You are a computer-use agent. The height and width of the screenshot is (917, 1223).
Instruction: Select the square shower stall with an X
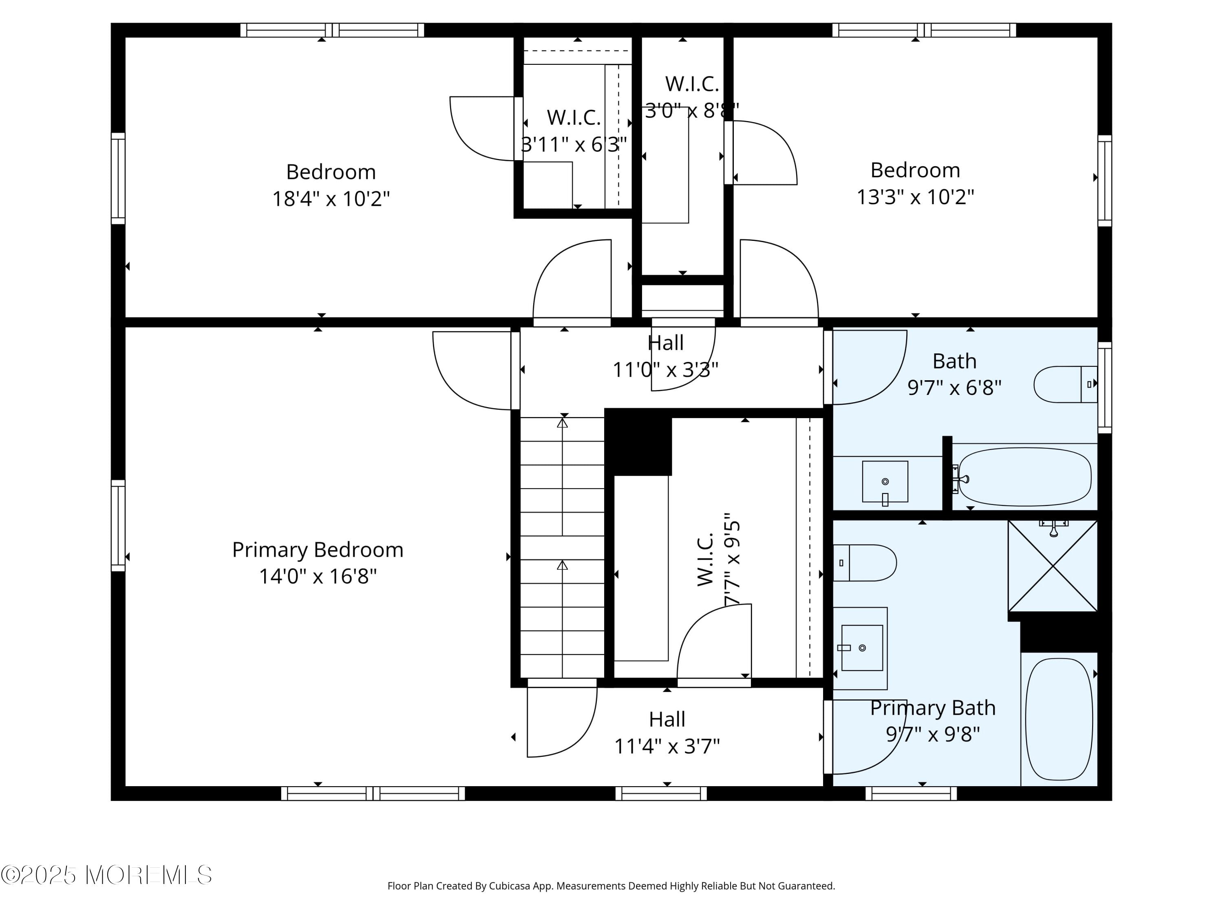coord(1053,566)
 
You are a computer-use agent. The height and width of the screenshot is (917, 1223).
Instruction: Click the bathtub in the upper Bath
coord(1024,476)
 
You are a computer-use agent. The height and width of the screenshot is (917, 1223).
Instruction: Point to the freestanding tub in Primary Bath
coord(1059,719)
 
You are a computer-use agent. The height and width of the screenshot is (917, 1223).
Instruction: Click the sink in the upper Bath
coord(885,481)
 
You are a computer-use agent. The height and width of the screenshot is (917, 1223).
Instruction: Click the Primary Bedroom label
coord(317,549)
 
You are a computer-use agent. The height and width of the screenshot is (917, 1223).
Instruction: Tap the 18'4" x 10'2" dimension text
coord(331,198)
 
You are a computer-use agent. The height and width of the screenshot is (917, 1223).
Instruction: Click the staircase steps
coord(562,547)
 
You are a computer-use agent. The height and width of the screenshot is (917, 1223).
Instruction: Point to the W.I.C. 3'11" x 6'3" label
coord(574,131)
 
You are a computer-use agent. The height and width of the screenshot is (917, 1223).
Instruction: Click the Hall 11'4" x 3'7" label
coord(667,732)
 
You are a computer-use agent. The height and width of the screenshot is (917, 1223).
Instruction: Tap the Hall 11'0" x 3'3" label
coord(665,356)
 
